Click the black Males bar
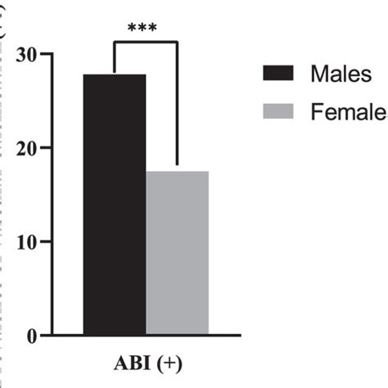pyautogui.click(x=115, y=205)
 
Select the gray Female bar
pyautogui.click(x=178, y=253)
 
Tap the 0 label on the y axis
pyautogui.click(x=30, y=336)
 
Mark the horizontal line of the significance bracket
pyautogui.click(x=145, y=43)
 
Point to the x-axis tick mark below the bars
pyautogui.click(x=147, y=341)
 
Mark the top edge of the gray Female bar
pyautogui.click(x=178, y=172)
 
